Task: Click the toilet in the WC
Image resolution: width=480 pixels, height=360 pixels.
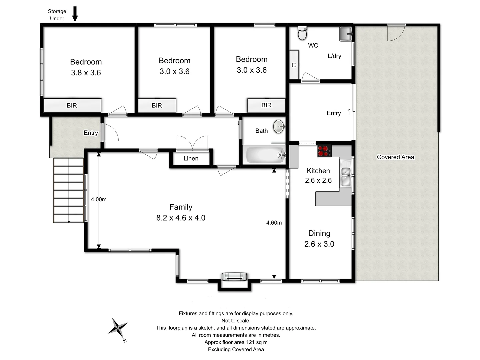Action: (x=302, y=33)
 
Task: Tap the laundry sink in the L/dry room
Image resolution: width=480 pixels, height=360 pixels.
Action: (x=346, y=34)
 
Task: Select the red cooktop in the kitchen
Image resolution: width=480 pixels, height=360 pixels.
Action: (x=324, y=151)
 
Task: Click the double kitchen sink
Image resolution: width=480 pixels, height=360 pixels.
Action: (x=346, y=176)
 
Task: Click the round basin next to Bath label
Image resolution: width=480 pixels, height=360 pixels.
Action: (x=279, y=127)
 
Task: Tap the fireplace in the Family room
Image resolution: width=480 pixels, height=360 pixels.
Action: (x=234, y=276)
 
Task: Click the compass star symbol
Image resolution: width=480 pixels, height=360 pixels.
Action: (x=118, y=328)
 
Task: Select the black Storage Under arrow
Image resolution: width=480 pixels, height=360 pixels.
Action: (x=75, y=14)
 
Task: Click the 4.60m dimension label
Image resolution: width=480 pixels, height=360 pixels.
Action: (x=274, y=223)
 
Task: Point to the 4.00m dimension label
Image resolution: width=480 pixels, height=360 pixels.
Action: (x=99, y=199)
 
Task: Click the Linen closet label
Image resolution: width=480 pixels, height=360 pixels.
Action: (x=191, y=158)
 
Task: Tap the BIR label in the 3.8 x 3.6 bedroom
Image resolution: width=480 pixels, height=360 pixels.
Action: (x=72, y=105)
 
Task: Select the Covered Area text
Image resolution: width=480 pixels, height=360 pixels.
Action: (x=395, y=157)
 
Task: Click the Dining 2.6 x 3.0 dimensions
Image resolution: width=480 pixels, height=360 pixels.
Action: (x=319, y=244)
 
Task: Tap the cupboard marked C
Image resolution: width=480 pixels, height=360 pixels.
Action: (x=294, y=65)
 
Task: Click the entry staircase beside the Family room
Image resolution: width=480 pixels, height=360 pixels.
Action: (x=69, y=190)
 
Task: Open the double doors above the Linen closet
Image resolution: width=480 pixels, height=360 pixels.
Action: (x=192, y=143)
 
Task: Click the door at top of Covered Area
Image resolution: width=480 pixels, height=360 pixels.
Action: (x=396, y=32)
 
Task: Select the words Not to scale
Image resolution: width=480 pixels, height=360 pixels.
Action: (x=236, y=321)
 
